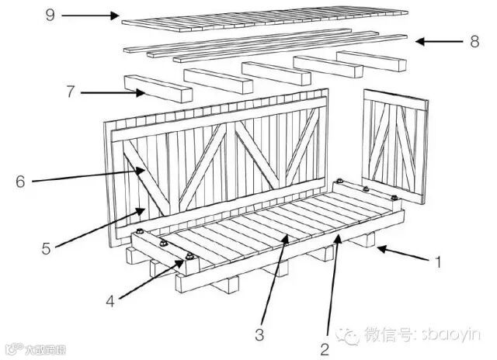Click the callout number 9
pos(50,15)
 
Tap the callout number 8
pos(474,41)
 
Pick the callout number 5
pos(46,249)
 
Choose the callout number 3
pos(259,334)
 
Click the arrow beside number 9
pos(90,15)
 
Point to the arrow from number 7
pos(113,93)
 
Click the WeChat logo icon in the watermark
pos(353,335)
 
